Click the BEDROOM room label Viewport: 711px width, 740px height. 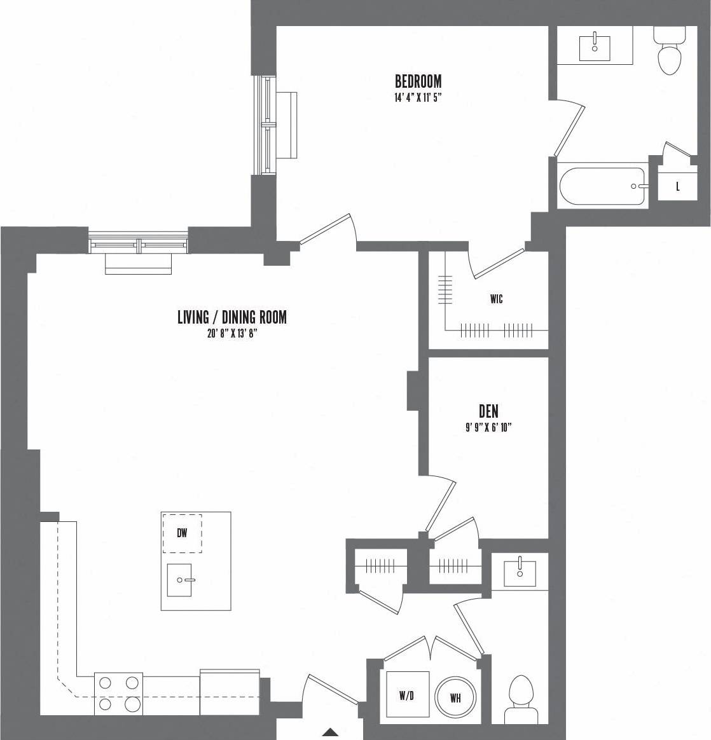pos(418,81)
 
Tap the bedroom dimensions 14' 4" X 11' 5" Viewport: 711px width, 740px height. pos(417,98)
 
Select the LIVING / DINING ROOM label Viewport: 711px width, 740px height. pos(231,317)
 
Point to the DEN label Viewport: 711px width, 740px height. pos(488,412)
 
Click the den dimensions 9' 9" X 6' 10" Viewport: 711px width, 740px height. pos(488,428)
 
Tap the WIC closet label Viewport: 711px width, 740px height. pos(496,298)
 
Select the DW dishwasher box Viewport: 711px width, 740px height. pos(182,533)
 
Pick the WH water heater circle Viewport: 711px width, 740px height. pos(455,698)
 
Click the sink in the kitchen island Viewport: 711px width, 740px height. pos(180,580)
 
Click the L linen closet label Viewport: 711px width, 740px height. pos(678,186)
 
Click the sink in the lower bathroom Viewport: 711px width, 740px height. pos(520,571)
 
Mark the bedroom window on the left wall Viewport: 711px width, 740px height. pos(266,125)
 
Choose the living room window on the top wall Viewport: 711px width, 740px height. pos(139,243)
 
